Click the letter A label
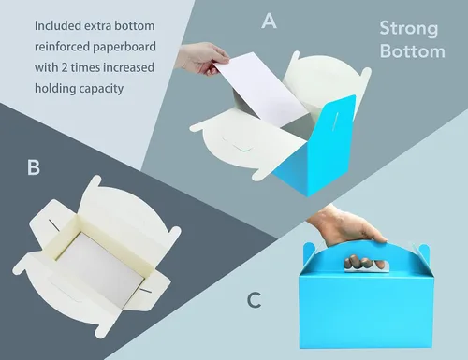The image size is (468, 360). (269, 22)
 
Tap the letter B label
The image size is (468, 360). (34, 167)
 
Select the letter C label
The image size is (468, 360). (254, 300)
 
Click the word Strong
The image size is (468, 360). (409, 29)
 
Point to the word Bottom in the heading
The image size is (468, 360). (413, 50)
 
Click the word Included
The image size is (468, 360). (58, 25)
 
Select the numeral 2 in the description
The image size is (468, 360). (65, 67)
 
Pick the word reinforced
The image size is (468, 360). (63, 47)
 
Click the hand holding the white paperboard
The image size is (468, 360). (203, 58)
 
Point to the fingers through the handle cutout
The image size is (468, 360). (364, 262)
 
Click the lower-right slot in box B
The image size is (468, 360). (145, 291)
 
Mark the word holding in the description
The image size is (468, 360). (55, 89)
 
